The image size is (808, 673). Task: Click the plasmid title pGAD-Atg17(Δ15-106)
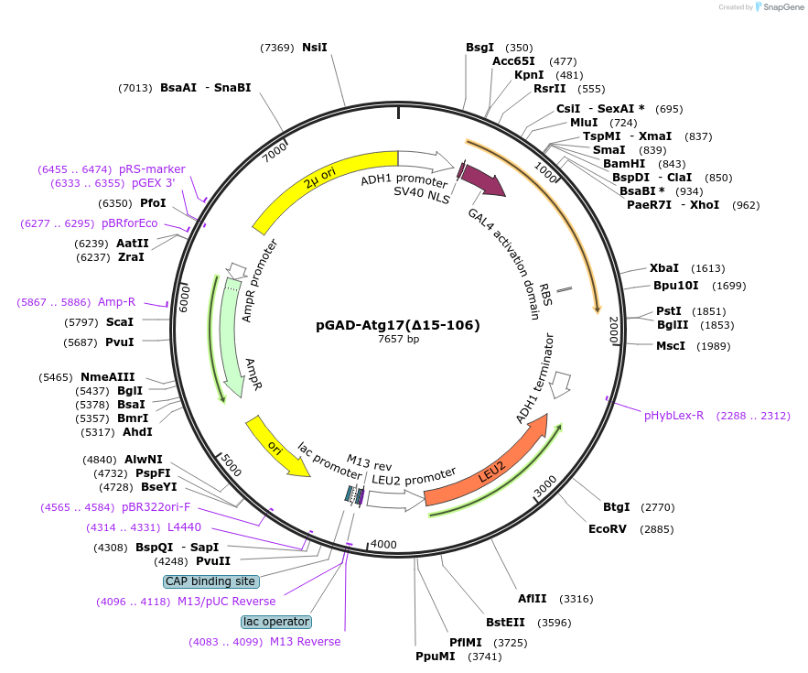coord(397,324)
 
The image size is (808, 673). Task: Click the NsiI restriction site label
coord(314,48)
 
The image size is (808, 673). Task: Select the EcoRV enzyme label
coord(608,528)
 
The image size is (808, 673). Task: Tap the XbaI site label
coord(664,268)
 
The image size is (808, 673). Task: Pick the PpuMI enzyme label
coord(435,657)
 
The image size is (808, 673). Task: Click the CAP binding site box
coord(211,581)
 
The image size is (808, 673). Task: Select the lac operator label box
coord(275,622)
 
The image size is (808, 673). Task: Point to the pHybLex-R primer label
coord(673,415)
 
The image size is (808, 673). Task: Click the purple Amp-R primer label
coord(116,302)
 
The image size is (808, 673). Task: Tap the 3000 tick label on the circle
coord(545,485)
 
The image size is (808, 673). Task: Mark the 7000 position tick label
coord(275,152)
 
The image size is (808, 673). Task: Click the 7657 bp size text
coord(398,340)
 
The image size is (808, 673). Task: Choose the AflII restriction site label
coord(532,599)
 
